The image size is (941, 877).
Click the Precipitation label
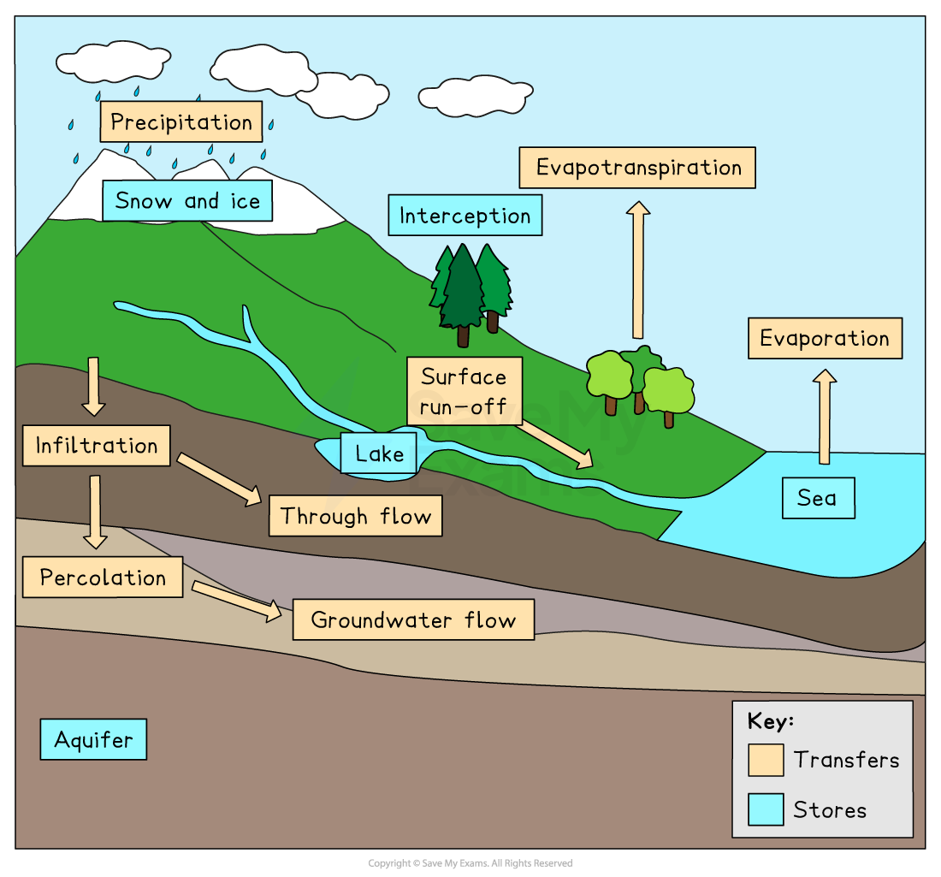181,121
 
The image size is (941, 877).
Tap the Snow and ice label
187,201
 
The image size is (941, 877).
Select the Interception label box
465,216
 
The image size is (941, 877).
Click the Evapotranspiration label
637,168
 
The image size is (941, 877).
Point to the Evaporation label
825,339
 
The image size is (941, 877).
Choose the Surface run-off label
464,391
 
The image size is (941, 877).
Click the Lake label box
379,453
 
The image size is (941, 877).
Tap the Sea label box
818,498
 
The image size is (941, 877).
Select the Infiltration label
97,446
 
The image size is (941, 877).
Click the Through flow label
356,516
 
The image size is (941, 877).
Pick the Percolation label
103,577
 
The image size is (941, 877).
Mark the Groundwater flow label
413,619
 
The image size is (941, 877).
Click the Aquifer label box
93,739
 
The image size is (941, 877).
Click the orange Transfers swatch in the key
766,760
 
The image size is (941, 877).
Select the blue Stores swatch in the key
766,809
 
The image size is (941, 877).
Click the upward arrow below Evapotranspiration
637,270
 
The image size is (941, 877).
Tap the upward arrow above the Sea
825,416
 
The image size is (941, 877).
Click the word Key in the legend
770,720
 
